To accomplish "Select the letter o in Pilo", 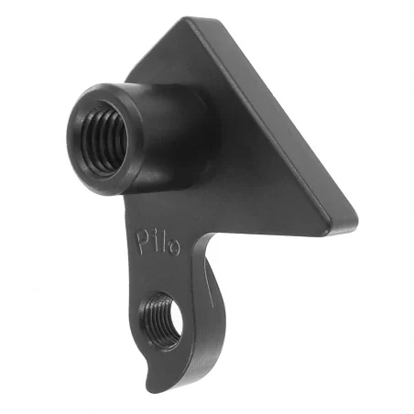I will coord(174,245).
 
